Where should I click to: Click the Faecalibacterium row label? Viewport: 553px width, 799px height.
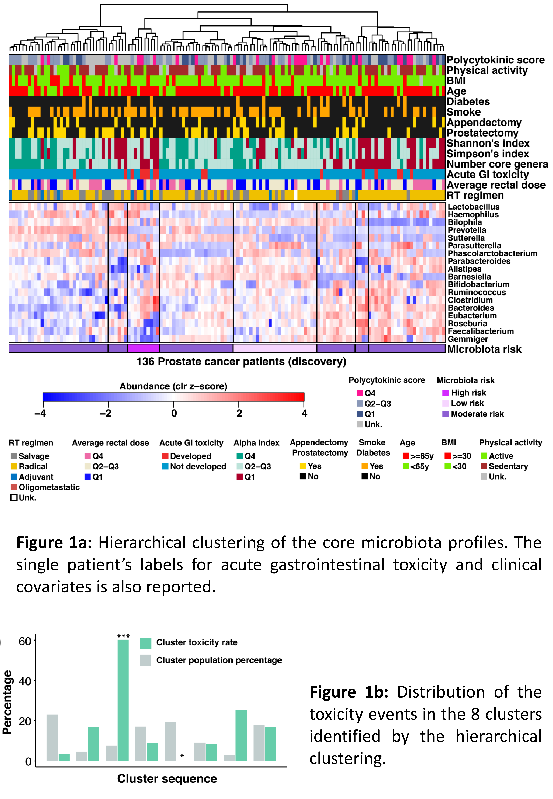pos(481,331)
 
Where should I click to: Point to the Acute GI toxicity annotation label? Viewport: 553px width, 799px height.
pos(488,175)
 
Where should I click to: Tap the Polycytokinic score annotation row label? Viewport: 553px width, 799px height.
pos(495,60)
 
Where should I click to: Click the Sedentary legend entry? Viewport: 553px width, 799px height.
pos(504,466)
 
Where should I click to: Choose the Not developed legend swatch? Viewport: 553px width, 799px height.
pos(165,466)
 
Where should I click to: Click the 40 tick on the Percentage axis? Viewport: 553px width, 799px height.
pos(25,681)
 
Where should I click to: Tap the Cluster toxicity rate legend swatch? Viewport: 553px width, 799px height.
pos(146,643)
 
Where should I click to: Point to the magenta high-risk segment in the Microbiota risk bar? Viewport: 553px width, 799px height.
pos(143,348)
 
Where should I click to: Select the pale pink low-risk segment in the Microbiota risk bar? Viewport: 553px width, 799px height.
pos(275,348)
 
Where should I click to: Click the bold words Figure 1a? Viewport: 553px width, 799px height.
pos(54,543)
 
